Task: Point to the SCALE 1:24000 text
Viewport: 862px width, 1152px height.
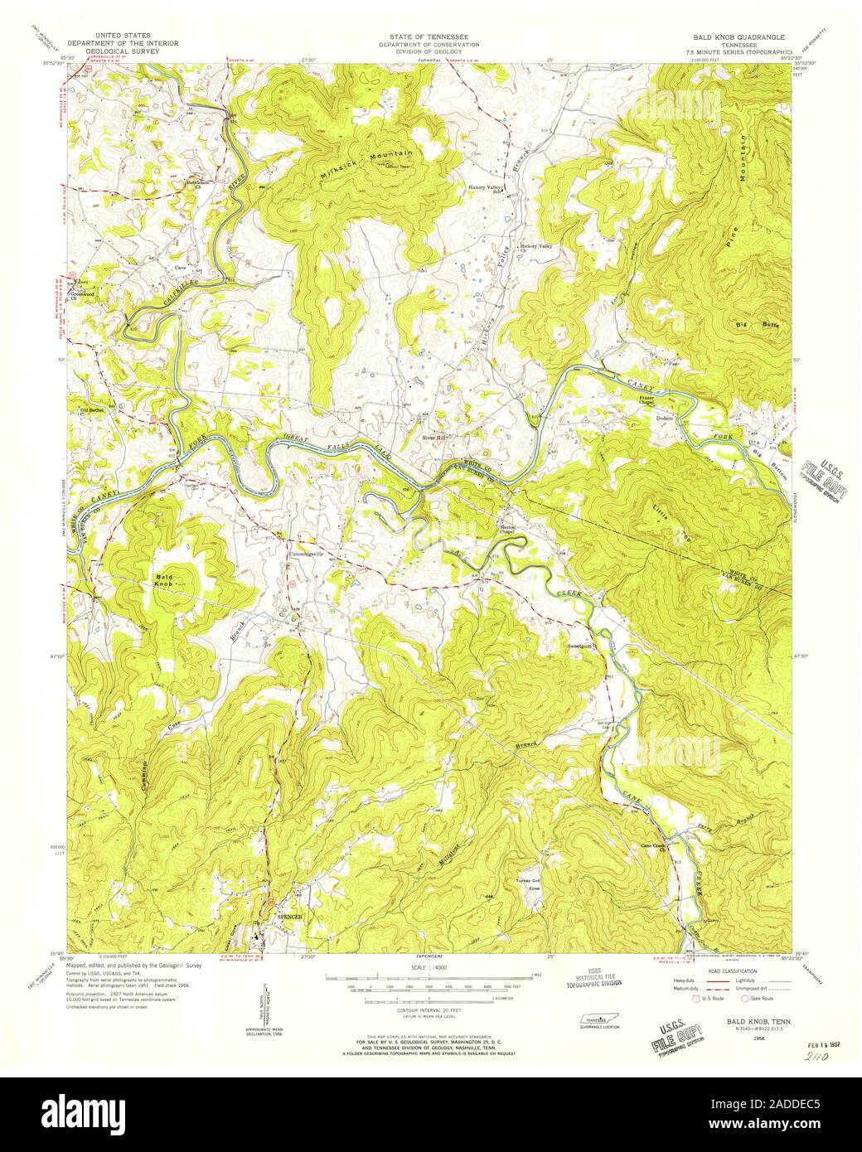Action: pyautogui.click(x=430, y=967)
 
